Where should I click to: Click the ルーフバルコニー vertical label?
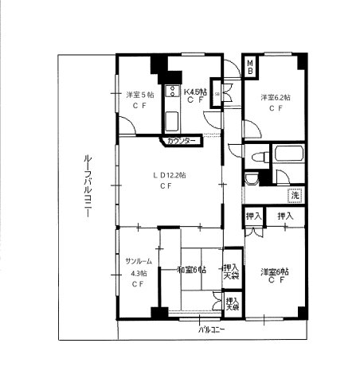tap(87, 187)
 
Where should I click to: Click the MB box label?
tap(249, 67)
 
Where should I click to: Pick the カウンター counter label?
tap(181, 141)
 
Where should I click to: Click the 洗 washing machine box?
tap(295, 196)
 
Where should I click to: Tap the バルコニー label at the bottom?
tap(211, 329)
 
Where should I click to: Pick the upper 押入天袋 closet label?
tap(231, 271)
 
